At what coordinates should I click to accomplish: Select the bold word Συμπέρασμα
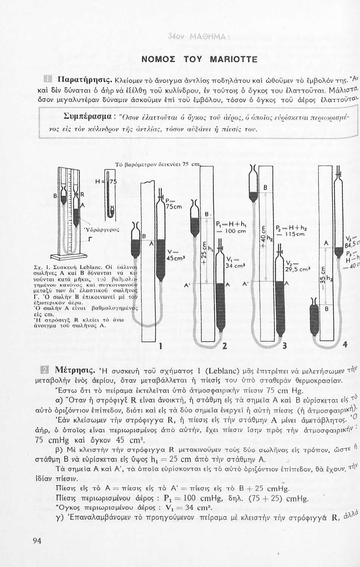(x=84, y=115)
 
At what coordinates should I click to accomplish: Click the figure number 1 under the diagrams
(x=161, y=345)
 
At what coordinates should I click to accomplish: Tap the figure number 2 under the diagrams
(x=225, y=345)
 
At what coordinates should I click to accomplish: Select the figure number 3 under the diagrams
(x=285, y=345)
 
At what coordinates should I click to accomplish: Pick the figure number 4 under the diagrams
(x=344, y=345)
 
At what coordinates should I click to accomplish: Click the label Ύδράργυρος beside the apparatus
(x=101, y=229)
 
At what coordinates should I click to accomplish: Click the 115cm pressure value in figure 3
(x=295, y=234)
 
